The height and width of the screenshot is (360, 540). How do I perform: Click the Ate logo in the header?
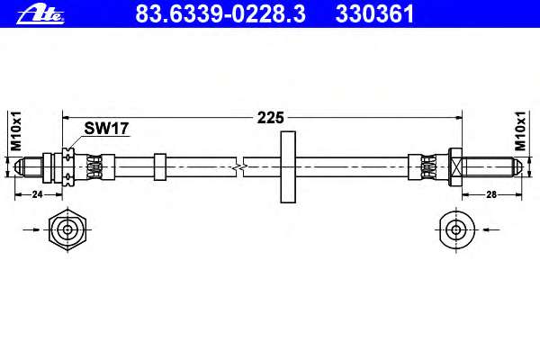(x=40, y=14)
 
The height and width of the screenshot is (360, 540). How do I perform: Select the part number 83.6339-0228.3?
(x=220, y=14)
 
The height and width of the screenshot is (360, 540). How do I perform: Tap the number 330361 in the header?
(x=374, y=14)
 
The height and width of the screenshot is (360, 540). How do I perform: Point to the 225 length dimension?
(x=271, y=118)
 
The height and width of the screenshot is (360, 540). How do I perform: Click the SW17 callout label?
(x=106, y=129)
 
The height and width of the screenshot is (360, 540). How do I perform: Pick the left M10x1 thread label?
(x=16, y=131)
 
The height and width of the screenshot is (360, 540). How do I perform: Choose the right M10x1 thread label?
(x=520, y=131)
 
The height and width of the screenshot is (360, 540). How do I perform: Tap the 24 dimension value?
(x=37, y=194)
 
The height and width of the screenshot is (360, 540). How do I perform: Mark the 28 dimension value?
(x=491, y=194)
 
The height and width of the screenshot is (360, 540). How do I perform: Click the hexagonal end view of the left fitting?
(x=67, y=229)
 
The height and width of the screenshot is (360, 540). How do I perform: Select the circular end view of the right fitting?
(x=457, y=229)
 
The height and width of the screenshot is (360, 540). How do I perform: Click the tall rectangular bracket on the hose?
(x=288, y=167)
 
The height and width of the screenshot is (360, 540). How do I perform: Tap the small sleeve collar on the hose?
(x=160, y=167)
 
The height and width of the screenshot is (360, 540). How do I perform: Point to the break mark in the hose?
(x=240, y=167)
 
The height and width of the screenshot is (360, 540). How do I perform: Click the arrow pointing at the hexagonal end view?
(x=31, y=229)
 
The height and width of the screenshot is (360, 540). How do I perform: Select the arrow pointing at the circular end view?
(x=491, y=229)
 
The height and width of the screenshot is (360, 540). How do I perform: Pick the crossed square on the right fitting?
(x=455, y=167)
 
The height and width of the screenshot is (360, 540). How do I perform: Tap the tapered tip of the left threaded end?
(x=19, y=167)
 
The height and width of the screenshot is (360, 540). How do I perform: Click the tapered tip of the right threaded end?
(x=518, y=167)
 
